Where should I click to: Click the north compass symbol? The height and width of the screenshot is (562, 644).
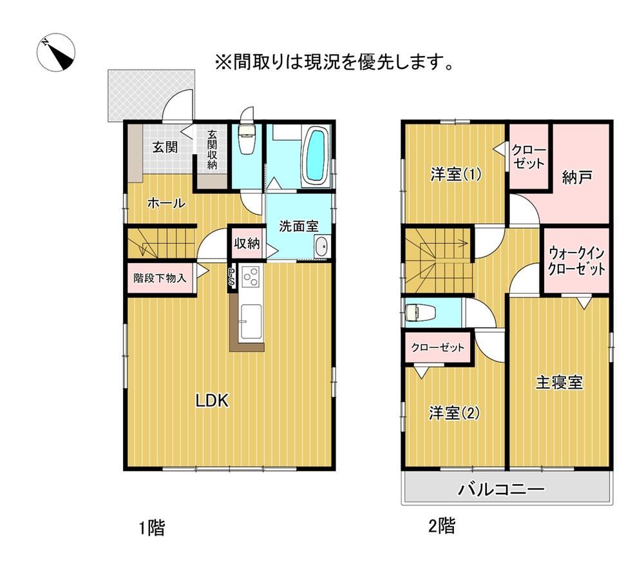pos(56,53)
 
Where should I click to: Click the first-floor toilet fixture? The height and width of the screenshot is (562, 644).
pos(247,139)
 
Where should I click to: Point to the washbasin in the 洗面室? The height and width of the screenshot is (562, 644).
pos(321,247)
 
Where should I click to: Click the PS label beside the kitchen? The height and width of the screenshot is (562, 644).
pos(232,277)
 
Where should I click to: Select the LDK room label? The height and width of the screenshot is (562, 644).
pos(212,400)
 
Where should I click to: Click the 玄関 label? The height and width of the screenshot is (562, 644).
pos(165,147)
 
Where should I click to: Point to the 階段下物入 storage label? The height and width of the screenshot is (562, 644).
pos(160,278)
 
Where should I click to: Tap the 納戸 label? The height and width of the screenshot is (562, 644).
pos(577,177)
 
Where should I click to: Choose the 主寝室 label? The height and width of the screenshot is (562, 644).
pos(560,382)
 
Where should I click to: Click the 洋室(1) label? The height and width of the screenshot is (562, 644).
pos(456,175)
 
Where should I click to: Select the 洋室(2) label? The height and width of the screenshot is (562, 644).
pos(454,412)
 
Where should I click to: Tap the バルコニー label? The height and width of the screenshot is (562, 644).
pos(502,489)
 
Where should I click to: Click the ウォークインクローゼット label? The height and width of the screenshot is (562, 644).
pos(576,261)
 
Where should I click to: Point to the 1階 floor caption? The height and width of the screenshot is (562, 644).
pos(152,528)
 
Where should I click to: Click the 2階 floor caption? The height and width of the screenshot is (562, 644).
pos(442,526)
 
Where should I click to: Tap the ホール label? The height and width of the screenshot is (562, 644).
pos(166,202)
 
